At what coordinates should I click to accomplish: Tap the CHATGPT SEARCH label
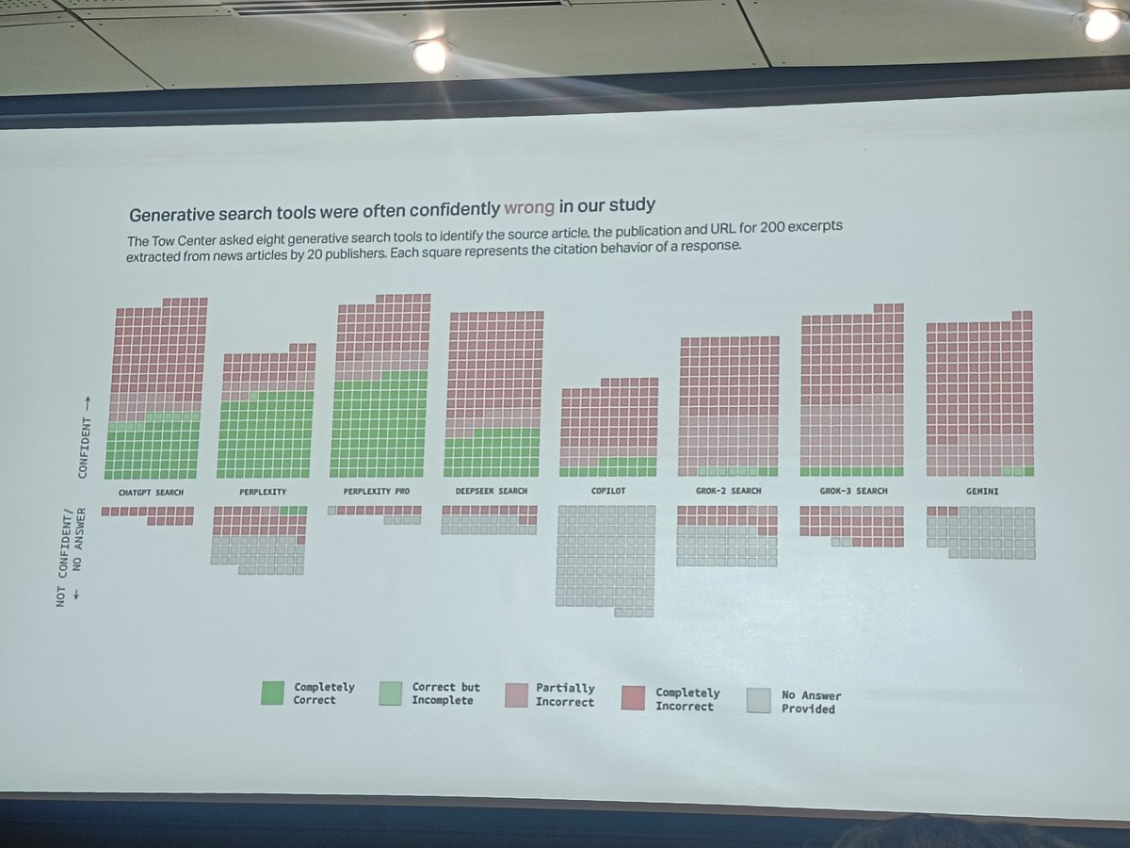(x=151, y=493)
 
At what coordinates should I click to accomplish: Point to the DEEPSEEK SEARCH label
(x=492, y=492)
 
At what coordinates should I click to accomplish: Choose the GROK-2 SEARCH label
(x=728, y=491)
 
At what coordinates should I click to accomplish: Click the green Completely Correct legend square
(x=273, y=693)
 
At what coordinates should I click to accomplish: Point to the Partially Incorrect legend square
(x=517, y=694)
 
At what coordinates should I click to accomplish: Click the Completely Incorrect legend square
(x=635, y=697)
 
